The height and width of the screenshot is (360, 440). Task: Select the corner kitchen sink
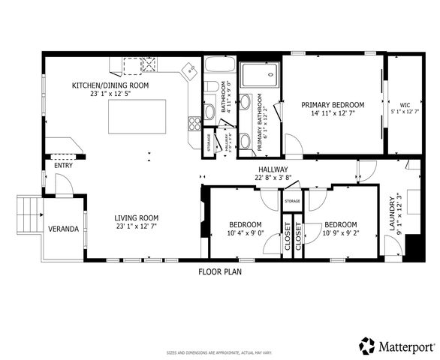pyautogui.click(x=190, y=71)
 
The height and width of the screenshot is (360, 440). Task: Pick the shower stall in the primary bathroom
pyautogui.click(x=259, y=74)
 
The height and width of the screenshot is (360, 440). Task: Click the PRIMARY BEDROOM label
pyautogui.click(x=333, y=104)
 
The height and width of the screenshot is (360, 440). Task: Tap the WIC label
pyautogui.click(x=405, y=105)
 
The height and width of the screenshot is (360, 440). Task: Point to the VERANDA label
pyautogui.click(x=63, y=228)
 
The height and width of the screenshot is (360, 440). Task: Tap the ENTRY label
pyautogui.click(x=63, y=166)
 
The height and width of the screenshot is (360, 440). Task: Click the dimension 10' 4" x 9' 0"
pyautogui.click(x=246, y=232)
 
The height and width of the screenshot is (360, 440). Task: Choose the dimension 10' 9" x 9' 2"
pyautogui.click(x=340, y=232)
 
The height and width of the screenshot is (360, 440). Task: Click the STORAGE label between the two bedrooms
pyautogui.click(x=292, y=201)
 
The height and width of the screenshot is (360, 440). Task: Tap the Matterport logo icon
pyautogui.click(x=367, y=346)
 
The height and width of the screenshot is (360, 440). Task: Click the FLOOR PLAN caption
pyautogui.click(x=220, y=272)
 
